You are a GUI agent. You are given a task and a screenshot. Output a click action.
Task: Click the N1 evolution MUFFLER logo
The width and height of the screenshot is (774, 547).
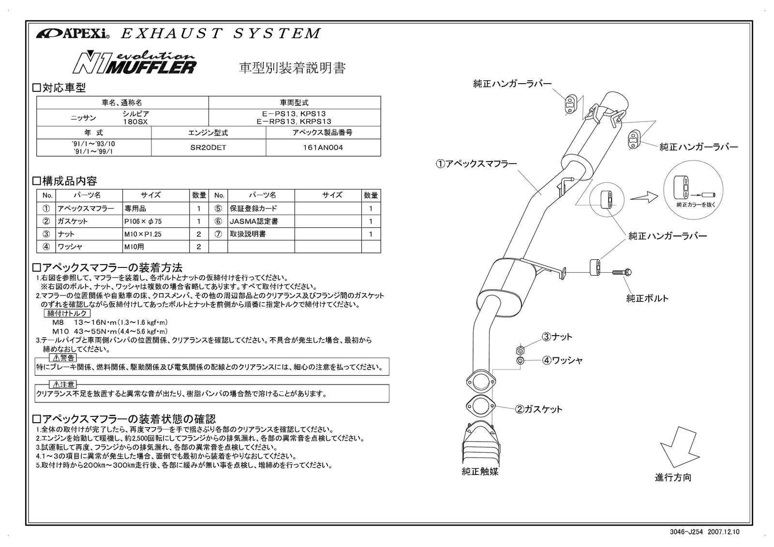click(134, 63)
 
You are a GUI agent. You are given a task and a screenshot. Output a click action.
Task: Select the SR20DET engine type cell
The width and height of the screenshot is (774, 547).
click(208, 148)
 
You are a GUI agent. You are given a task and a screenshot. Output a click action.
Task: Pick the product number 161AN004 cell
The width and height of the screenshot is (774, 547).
click(323, 148)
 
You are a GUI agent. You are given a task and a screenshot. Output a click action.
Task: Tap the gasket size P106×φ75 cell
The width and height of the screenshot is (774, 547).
click(156, 221)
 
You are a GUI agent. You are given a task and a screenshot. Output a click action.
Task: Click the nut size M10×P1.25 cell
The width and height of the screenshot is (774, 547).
click(156, 234)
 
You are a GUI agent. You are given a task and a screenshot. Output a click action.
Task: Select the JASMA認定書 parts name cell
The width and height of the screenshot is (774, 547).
click(261, 221)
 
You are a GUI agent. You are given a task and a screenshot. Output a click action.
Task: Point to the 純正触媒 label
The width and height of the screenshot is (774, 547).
click(480, 471)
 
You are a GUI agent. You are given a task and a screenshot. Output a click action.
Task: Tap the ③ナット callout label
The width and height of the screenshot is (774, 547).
click(556, 337)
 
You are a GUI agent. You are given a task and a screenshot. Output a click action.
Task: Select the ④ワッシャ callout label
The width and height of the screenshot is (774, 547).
click(561, 360)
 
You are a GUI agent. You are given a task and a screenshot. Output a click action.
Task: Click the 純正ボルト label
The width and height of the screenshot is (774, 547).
click(647, 298)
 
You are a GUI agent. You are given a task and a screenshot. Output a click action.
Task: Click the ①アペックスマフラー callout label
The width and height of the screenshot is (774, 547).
click(476, 163)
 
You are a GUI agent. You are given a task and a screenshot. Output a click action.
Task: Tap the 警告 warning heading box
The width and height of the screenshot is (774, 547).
click(64, 358)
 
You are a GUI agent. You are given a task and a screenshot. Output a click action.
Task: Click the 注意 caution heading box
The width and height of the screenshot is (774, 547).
click(64, 384)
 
